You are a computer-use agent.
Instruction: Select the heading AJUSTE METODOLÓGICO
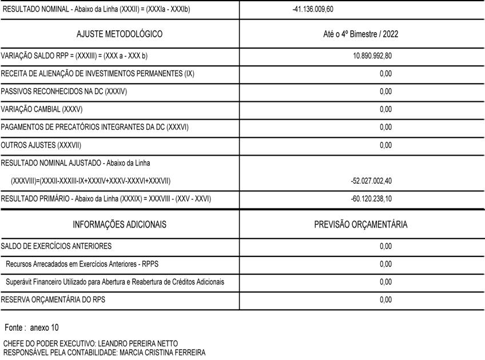pos(120,34)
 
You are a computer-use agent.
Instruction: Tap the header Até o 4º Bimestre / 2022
pos(361,34)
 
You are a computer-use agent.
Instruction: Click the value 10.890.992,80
pos(372,56)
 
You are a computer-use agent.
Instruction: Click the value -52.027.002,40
pos(371,181)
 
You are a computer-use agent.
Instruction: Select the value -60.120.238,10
pos(371,199)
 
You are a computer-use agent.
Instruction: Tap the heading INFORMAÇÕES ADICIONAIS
pos(120,224)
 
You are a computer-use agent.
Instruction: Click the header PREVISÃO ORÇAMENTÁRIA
pos(361,224)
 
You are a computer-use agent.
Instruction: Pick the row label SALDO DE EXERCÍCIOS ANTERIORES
pos(57,247)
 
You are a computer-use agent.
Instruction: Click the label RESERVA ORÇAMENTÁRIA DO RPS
pos(53,299)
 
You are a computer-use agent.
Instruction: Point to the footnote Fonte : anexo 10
pos(31,328)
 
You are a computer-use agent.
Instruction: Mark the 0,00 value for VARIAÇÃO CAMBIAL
pos(385,109)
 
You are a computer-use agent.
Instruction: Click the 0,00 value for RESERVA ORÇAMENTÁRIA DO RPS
pos(385,299)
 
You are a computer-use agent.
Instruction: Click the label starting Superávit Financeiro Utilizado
pos(115,282)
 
